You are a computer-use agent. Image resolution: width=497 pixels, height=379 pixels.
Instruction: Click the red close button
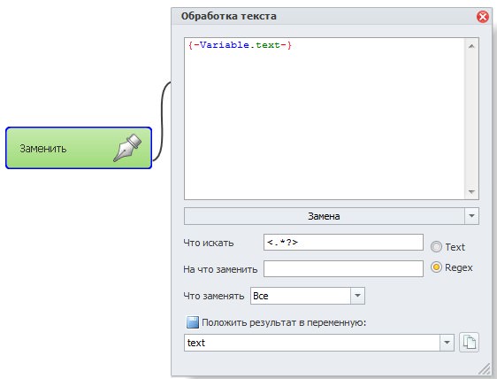click(x=483, y=17)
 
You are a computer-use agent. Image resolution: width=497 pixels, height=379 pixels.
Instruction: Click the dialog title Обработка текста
click(x=228, y=16)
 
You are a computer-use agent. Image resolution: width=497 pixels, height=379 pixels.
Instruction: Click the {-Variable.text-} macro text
click(x=240, y=45)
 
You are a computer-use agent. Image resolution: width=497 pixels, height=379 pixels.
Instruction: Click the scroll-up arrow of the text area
click(x=471, y=46)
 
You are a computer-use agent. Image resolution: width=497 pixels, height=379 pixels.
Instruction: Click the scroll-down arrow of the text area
click(x=471, y=191)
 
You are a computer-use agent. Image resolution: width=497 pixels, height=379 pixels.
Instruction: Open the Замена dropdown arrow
click(x=471, y=216)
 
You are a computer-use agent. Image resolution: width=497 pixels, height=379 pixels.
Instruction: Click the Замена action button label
click(x=324, y=216)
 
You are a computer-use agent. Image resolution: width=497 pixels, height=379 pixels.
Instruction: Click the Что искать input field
click(x=343, y=243)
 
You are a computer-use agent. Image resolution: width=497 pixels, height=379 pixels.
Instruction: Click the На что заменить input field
click(x=343, y=269)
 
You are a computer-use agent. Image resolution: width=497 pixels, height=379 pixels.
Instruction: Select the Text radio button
click(x=436, y=247)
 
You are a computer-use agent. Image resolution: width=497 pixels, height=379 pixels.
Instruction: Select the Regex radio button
click(x=436, y=267)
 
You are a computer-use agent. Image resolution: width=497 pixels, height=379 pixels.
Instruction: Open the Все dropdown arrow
click(x=357, y=296)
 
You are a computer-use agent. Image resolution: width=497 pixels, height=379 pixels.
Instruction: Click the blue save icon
click(x=193, y=322)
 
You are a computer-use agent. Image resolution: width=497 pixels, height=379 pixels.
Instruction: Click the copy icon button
click(x=469, y=342)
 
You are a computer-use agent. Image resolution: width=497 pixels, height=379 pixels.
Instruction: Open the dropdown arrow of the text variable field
click(x=447, y=343)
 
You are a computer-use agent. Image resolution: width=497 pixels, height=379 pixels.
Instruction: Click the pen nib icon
click(x=127, y=148)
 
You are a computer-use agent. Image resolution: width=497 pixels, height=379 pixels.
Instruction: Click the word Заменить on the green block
click(x=43, y=148)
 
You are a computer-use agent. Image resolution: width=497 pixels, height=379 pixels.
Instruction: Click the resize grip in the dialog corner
click(x=485, y=369)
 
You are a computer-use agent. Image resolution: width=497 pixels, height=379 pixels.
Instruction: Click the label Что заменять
click(x=214, y=296)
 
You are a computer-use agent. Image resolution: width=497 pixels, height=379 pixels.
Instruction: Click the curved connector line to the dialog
click(x=163, y=120)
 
